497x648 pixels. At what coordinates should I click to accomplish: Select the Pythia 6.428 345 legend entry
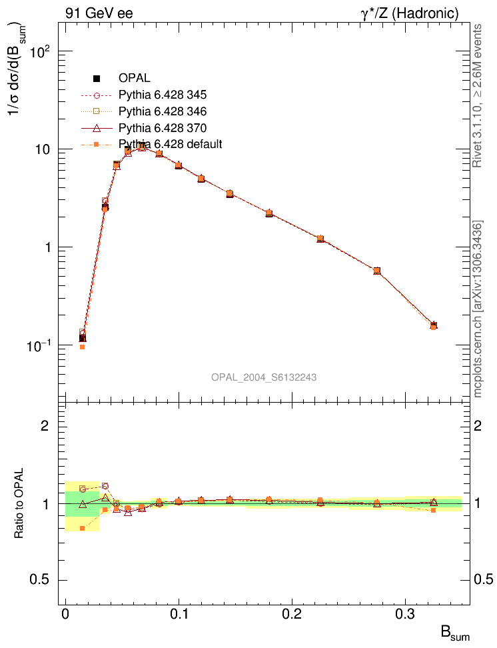[x=163, y=94]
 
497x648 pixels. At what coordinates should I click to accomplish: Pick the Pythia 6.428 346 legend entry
[x=163, y=111]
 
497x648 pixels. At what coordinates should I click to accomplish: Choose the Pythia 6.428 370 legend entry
[x=163, y=127]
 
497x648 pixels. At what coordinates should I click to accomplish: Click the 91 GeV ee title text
[x=99, y=13]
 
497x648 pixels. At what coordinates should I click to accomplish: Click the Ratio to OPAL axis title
[x=19, y=504]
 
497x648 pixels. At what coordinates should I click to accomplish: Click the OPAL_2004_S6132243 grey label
[x=264, y=377]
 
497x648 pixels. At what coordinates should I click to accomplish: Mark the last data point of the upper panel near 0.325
[x=434, y=325]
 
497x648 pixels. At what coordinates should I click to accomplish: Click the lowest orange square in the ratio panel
[x=82, y=528]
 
